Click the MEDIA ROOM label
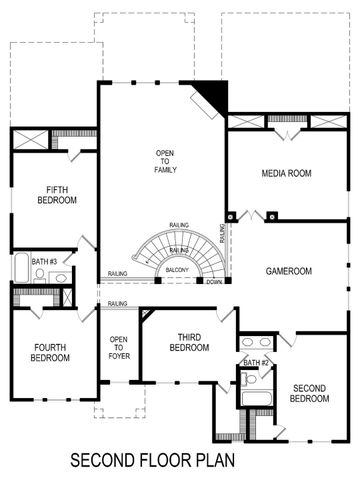tap(287, 173)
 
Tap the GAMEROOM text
tap(288, 271)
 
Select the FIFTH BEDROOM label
tap(55, 195)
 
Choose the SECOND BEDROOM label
tap(310, 393)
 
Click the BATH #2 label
tap(257, 362)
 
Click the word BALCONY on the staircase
tap(178, 270)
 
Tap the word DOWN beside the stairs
tap(214, 282)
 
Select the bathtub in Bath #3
tap(21, 269)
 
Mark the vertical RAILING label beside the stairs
tap(221, 236)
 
